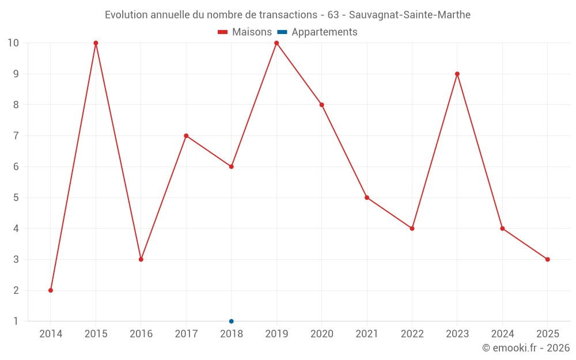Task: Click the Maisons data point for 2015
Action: (96, 43)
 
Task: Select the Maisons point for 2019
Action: (276, 43)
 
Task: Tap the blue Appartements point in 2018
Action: (232, 321)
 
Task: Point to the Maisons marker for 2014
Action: (51, 290)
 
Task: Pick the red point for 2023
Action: (457, 74)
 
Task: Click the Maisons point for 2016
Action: (141, 259)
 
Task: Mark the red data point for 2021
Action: (367, 198)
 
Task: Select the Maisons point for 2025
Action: (548, 259)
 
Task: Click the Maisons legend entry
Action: (245, 32)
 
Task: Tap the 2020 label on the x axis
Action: (321, 334)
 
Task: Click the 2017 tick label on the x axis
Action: (186, 334)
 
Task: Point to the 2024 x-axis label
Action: (502, 334)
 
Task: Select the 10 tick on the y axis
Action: (13, 43)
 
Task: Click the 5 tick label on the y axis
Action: (16, 198)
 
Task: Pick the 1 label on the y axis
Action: (16, 321)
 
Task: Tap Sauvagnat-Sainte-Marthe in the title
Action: (410, 15)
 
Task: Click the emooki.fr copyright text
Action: (526, 348)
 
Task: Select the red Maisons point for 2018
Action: (232, 166)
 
